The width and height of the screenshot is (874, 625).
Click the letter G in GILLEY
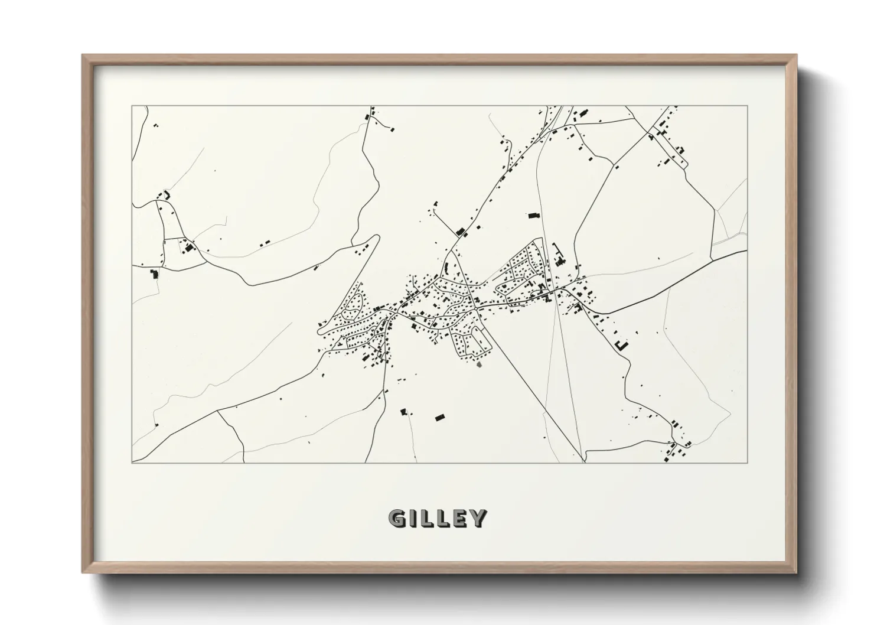tap(397, 518)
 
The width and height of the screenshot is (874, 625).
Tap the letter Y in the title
tap(478, 518)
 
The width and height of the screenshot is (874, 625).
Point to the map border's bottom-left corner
tap(132, 463)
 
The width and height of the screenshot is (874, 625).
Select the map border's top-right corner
tap(747, 106)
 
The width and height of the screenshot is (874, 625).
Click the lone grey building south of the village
tap(480, 365)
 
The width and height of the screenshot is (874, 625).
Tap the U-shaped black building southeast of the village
tap(620, 345)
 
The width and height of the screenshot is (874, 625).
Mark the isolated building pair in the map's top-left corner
tap(156, 125)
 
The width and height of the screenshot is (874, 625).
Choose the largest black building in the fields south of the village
tap(439, 418)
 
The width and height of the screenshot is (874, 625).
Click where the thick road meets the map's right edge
tap(746, 251)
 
